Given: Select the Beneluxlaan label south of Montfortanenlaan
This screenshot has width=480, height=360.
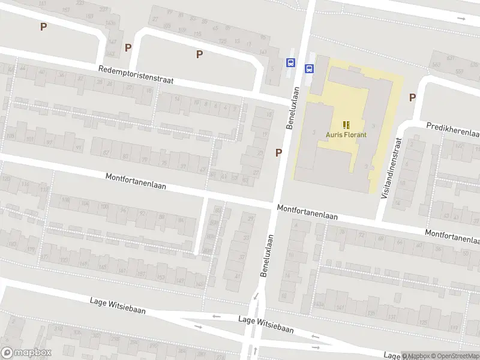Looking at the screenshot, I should [266, 255].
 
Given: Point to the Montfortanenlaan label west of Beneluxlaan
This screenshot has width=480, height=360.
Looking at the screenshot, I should [136, 181].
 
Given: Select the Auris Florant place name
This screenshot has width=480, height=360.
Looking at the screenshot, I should [346, 134].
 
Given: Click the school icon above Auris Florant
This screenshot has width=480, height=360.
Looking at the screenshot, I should [346, 124].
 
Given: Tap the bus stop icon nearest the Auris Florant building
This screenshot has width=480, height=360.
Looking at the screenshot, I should [310, 68].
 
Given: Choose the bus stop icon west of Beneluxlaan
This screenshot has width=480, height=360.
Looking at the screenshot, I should [291, 62].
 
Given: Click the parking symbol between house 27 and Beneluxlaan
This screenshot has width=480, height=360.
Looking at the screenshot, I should [278, 152].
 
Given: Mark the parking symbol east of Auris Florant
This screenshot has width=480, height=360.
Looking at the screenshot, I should [412, 97].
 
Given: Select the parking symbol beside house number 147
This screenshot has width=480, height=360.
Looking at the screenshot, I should [128, 47].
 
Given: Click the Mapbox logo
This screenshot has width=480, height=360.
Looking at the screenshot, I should [26, 353].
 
